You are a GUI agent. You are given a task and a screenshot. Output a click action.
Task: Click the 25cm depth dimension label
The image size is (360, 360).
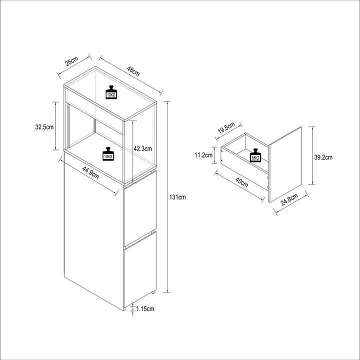pyautogui.click(x=72, y=61)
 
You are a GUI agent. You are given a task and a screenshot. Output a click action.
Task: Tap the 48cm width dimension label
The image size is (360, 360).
pyautogui.click(x=133, y=70)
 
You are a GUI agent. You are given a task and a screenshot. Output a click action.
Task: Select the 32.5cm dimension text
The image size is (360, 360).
pyautogui.click(x=44, y=127)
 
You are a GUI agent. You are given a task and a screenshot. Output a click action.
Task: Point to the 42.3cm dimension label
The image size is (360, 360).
pyautogui.click(x=143, y=149)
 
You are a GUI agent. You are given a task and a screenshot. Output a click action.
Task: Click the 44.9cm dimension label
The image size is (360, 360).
pyautogui.click(x=90, y=172)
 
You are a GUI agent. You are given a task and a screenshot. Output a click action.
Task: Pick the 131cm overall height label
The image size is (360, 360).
pyautogui.click(x=177, y=197)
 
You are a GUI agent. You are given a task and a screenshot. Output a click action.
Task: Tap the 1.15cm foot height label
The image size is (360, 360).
pyautogui.click(x=145, y=309)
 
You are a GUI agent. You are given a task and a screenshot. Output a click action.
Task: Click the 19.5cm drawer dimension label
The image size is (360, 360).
pyautogui.click(x=226, y=128)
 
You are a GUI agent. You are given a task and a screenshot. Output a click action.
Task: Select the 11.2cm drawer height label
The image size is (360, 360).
pyautogui.click(x=203, y=155)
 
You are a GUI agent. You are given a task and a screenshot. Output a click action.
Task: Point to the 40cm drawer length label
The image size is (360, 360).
pyautogui.click(x=242, y=182)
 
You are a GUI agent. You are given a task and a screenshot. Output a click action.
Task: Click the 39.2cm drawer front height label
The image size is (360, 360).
pyautogui.click(x=323, y=157)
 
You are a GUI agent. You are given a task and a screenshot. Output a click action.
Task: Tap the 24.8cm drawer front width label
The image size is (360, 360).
pyautogui.click(x=289, y=199)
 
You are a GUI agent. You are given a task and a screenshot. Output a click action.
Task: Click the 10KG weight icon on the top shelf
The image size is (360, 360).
pyautogui.click(x=111, y=92)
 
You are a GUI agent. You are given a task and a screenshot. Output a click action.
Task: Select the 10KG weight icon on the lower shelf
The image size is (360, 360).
pyautogui.click(x=108, y=154)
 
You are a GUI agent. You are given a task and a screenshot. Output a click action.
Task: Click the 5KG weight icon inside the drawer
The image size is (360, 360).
pyautogui.click(x=255, y=155)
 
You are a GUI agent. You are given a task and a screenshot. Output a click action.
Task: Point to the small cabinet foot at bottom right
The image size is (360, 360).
pyautogui.click(x=153, y=292)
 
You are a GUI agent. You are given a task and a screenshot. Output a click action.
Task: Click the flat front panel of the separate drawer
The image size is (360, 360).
pyautogui.click(x=285, y=164)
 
